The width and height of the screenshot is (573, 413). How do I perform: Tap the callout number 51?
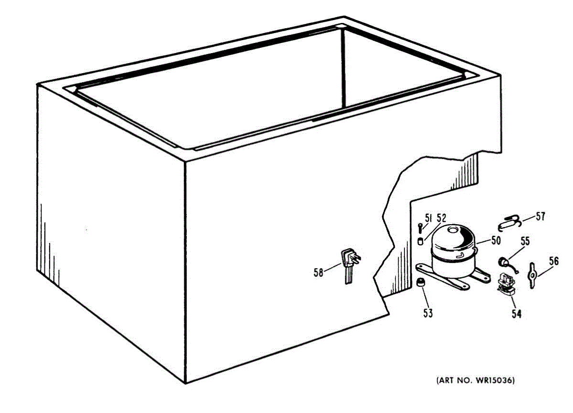pyautogui.click(x=428, y=218)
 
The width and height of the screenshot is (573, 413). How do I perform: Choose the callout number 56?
pyautogui.click(x=553, y=261)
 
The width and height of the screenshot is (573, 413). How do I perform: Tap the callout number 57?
pyautogui.click(x=540, y=217)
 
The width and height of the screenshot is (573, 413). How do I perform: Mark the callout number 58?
pyautogui.click(x=318, y=272)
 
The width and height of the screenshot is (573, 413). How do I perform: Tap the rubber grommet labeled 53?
pyautogui.click(x=421, y=283)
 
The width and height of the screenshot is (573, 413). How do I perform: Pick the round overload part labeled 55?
pyautogui.click(x=503, y=261)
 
